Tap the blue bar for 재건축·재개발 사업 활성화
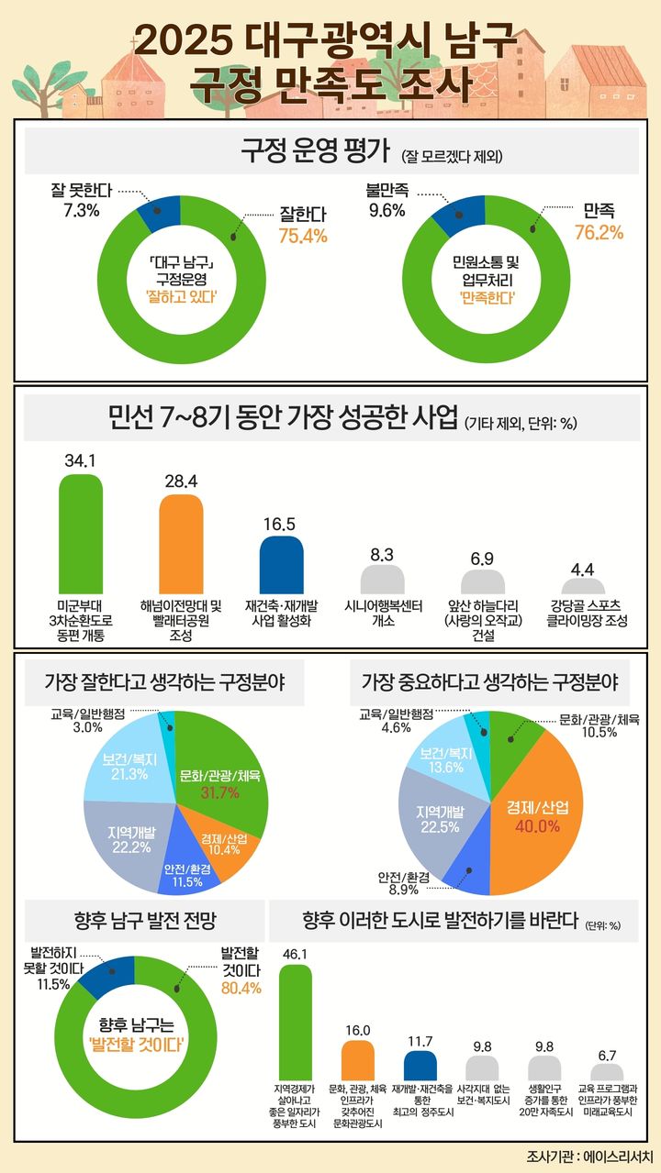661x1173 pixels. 281,565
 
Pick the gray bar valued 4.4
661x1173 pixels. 582,588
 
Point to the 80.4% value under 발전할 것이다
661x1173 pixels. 241,989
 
